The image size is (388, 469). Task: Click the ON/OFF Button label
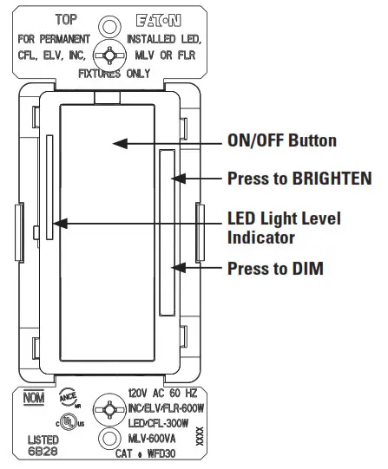(282, 140)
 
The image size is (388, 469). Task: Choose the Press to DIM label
(275, 269)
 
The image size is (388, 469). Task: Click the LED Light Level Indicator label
(283, 226)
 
